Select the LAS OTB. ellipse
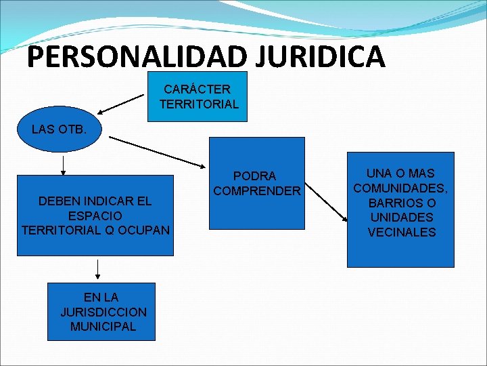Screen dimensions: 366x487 click(60, 129)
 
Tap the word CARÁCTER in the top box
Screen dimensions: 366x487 click(197, 89)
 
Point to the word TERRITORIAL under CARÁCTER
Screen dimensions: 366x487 click(199, 104)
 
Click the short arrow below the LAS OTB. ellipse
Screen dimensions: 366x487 click(63, 164)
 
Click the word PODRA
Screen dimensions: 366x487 click(254, 176)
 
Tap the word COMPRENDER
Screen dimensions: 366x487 click(256, 191)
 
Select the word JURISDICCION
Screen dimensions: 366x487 click(103, 312)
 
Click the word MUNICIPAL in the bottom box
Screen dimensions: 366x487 click(103, 326)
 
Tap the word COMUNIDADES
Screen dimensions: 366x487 click(400, 188)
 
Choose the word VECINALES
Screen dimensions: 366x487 click(401, 232)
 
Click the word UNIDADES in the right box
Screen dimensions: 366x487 click(401, 218)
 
